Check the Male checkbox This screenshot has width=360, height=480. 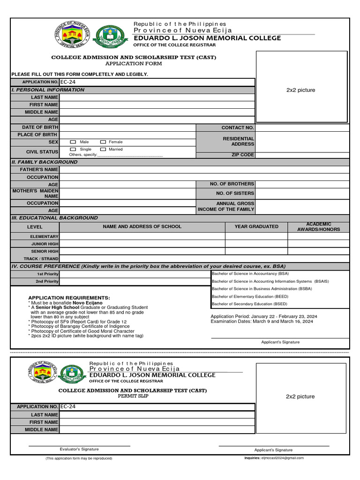[x=73, y=142]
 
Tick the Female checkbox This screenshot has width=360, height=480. [x=103, y=142]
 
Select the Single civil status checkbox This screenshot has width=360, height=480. [x=73, y=149]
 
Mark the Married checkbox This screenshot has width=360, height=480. [x=103, y=149]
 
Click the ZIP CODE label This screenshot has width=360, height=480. [x=242, y=155]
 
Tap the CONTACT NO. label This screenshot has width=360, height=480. [x=238, y=127]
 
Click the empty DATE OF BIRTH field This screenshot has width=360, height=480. [x=127, y=127]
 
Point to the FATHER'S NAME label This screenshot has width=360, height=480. [x=39, y=169]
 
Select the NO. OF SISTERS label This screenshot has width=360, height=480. [x=235, y=193]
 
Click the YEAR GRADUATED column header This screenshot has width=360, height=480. [x=256, y=226]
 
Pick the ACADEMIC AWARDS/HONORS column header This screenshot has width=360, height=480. [x=318, y=227]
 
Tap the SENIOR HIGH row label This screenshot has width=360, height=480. [x=45, y=251]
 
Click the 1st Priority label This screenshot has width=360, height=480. [x=48, y=274]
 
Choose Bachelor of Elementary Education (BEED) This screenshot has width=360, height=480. [x=250, y=296]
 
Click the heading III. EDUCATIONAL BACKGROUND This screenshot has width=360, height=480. [x=54, y=218]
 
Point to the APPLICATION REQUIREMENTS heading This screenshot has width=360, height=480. [x=69, y=298]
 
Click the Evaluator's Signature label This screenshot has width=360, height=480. [x=79, y=449]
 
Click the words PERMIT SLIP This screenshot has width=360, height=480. [x=133, y=396]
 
